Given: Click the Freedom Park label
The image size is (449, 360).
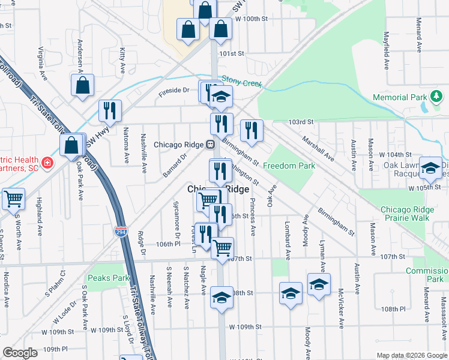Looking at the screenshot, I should [289, 166].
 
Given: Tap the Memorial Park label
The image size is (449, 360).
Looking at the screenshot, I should [399, 97].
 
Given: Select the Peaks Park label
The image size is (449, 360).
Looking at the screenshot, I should [108, 278].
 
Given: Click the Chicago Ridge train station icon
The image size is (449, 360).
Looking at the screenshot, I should [211, 144].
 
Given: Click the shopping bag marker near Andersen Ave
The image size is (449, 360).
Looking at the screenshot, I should [83, 85].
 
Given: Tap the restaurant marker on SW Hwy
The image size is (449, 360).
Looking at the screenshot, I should [110, 110].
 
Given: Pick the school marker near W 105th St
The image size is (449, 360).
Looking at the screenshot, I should [430, 168].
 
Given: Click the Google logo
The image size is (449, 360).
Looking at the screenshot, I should [19, 353].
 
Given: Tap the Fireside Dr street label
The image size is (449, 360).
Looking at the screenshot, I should [173, 90].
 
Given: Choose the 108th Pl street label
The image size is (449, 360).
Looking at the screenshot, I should [393, 309].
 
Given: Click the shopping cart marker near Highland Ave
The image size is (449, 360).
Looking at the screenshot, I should [13, 199].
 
